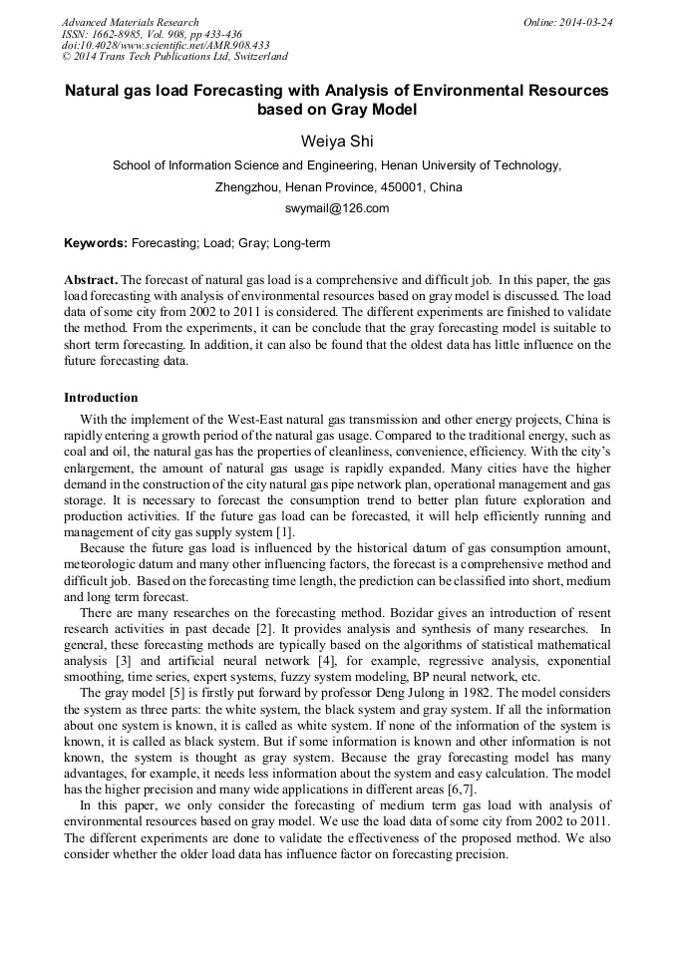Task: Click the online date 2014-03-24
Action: click(588, 22)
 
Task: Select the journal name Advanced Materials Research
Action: click(131, 22)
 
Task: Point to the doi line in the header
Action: click(166, 46)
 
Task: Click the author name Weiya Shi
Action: click(337, 141)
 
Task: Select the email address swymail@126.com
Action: click(337, 208)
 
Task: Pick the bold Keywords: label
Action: click(96, 242)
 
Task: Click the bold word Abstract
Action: click(91, 280)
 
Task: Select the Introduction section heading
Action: click(101, 398)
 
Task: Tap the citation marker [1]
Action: click(284, 531)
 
